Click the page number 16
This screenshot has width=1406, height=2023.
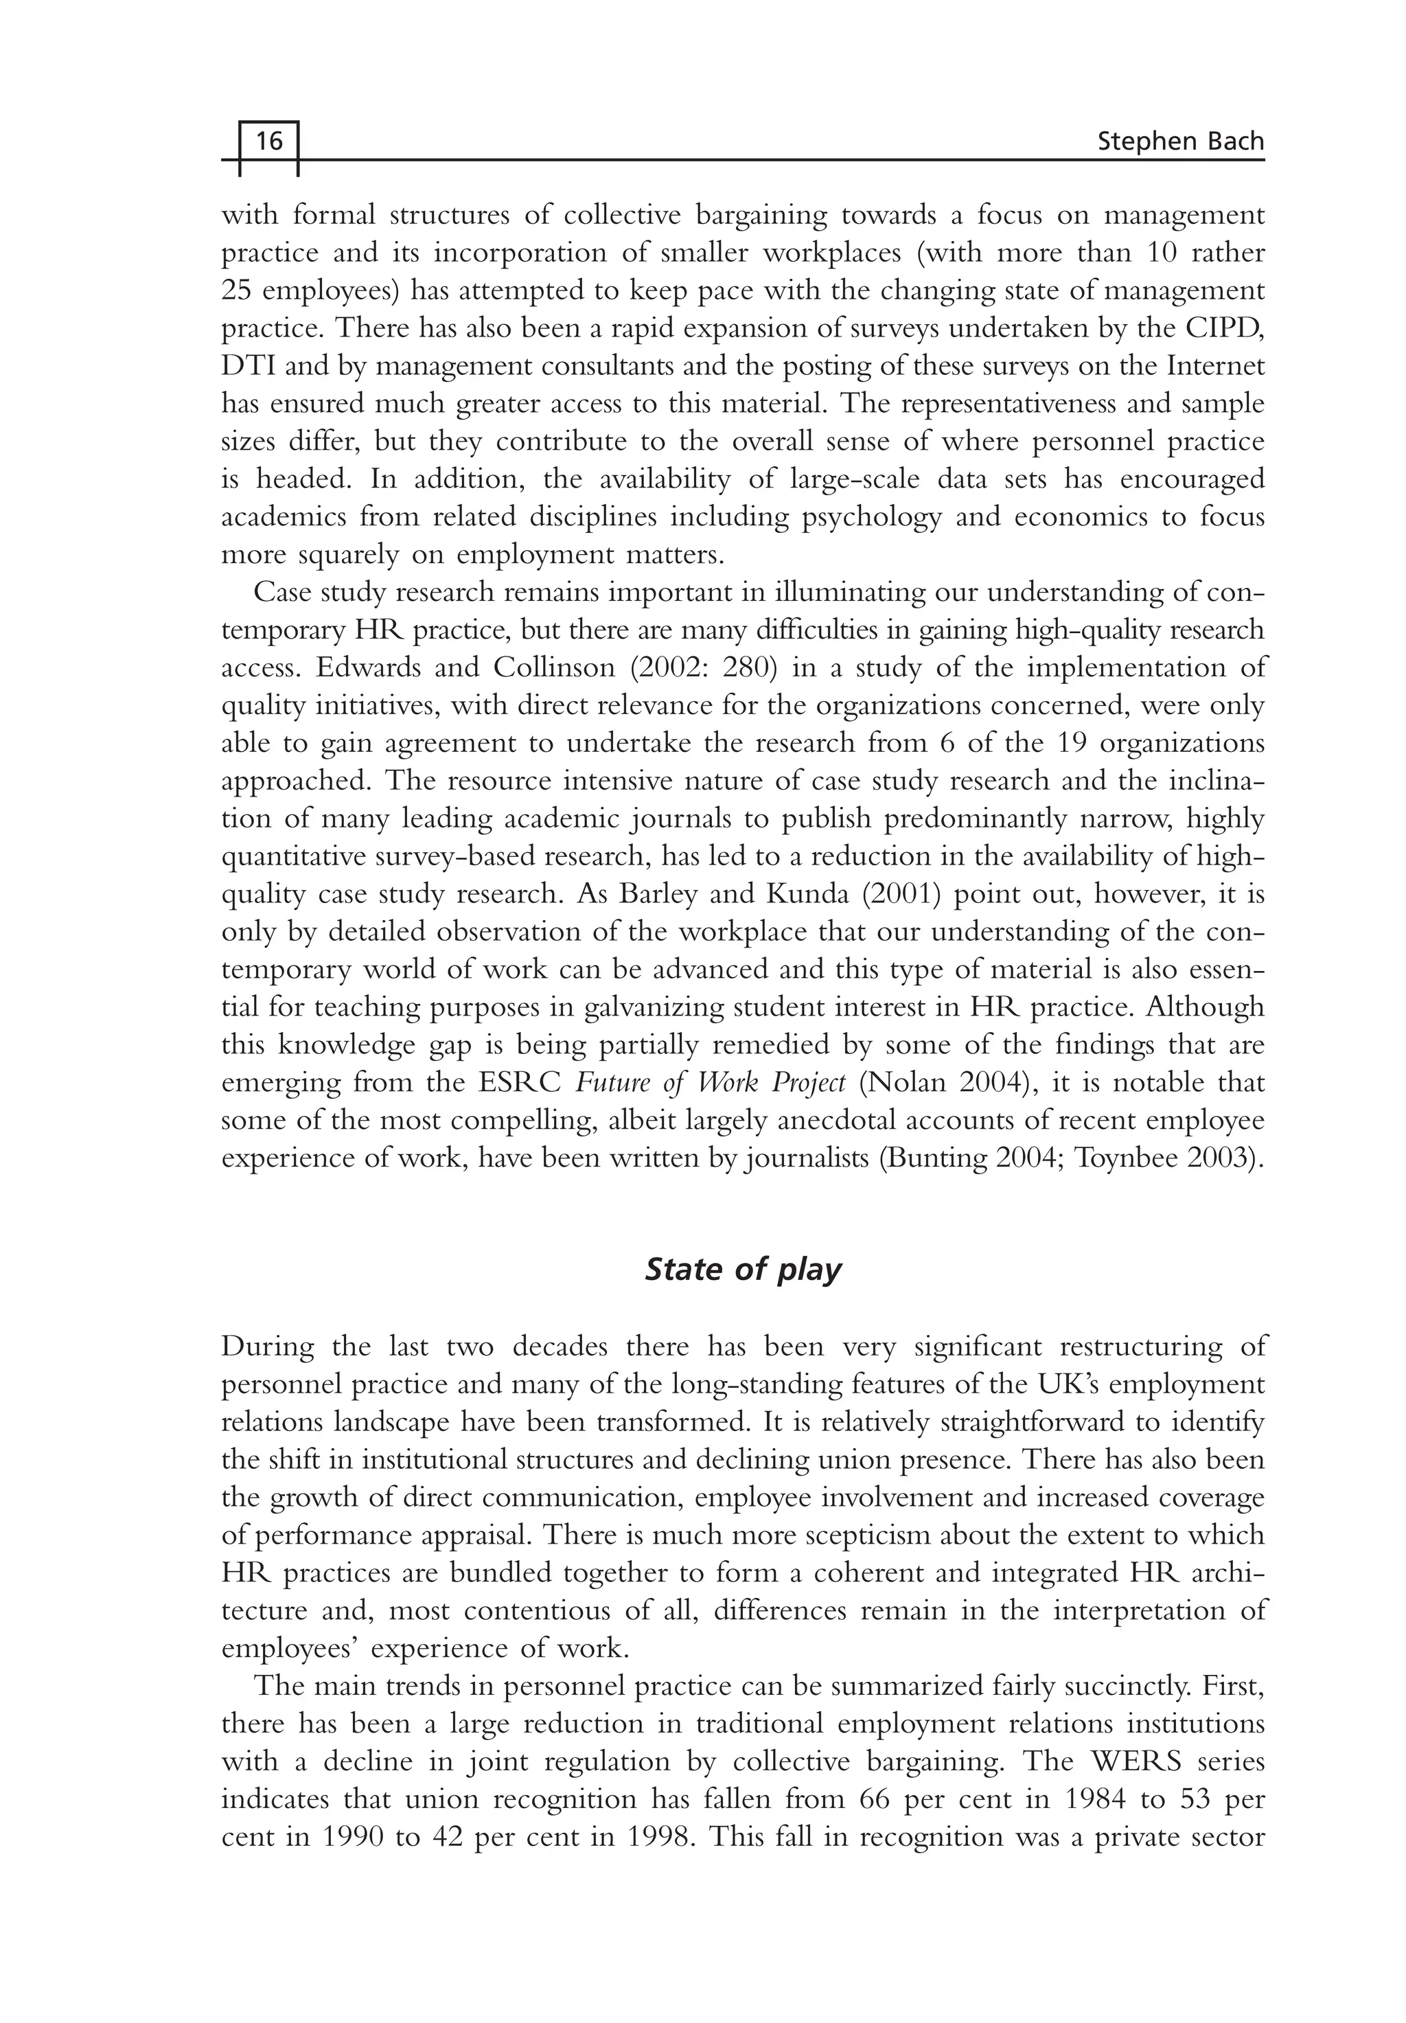[268, 140]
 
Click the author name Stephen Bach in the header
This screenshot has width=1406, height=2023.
[1180, 141]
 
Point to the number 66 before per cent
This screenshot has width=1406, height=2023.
[877, 1799]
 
